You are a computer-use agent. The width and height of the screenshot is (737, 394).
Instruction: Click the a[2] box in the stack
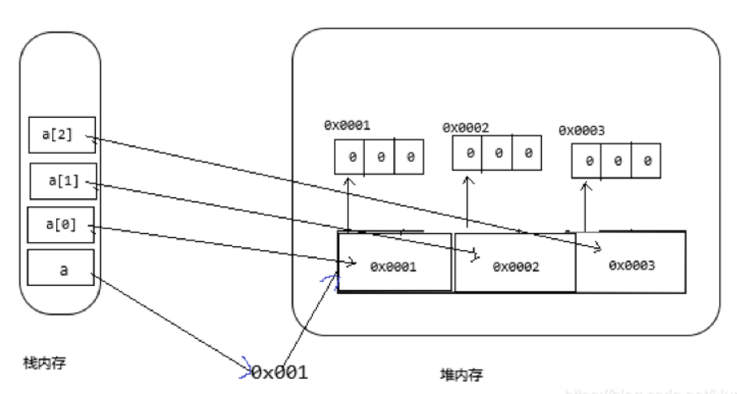click(62, 136)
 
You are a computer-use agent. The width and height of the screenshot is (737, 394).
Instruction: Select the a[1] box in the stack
click(63, 181)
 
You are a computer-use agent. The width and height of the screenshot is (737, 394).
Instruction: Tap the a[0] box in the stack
click(62, 225)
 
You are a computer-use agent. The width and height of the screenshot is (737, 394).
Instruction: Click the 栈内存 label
click(45, 363)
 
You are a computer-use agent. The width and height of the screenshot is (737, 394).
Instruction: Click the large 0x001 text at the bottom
click(280, 372)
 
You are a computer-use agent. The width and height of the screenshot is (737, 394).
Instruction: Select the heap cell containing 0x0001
click(394, 264)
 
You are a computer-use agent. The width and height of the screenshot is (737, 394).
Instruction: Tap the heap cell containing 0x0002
click(514, 264)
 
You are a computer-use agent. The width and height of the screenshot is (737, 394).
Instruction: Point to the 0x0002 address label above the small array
click(466, 128)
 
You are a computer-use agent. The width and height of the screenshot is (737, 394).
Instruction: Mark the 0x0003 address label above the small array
click(582, 130)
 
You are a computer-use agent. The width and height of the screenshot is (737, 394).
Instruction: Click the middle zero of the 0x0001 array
click(379, 156)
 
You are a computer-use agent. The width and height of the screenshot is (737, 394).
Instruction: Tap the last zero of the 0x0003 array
click(647, 162)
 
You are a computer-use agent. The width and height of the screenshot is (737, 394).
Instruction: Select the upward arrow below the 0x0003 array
click(585, 207)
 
